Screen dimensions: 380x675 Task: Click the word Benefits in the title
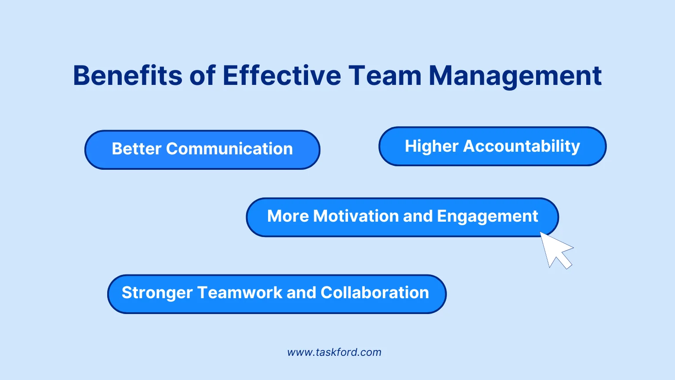click(x=127, y=76)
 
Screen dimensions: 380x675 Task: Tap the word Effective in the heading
click(x=282, y=76)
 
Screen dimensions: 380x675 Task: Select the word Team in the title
click(x=385, y=76)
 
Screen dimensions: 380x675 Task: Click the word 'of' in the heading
click(x=203, y=76)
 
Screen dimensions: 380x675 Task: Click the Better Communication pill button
click(x=202, y=150)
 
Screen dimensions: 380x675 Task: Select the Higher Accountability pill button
click(x=492, y=146)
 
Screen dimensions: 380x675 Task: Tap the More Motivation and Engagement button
click(x=402, y=217)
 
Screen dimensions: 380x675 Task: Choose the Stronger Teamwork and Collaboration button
click(x=277, y=294)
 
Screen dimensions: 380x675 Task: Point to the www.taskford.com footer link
click(x=334, y=352)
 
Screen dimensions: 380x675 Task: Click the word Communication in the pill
click(x=229, y=149)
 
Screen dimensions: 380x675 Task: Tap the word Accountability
click(x=522, y=146)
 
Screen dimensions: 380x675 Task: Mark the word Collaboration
click(x=375, y=293)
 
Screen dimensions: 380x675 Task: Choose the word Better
click(x=137, y=149)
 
